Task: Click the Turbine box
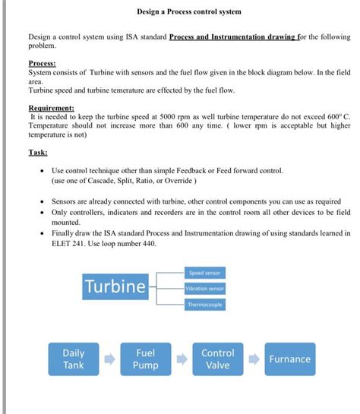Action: pos(115,287)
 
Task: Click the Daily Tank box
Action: pos(73,359)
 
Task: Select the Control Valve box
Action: pos(217,359)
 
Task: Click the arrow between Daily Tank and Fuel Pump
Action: pos(109,360)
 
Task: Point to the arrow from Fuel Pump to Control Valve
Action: pos(181,360)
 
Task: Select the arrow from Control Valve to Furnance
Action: pos(254,360)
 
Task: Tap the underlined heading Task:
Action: pos(38,152)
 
